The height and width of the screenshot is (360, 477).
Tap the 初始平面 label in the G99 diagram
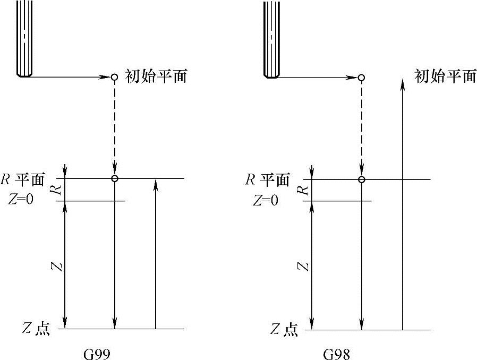156,76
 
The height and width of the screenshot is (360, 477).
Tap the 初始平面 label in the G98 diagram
445,76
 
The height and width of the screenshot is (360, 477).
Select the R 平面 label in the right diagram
267,179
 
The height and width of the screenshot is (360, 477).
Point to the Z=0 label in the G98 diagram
265,201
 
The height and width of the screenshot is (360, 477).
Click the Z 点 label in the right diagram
284,330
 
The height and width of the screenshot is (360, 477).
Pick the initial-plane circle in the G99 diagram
114,77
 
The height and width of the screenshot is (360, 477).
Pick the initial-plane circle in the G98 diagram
361,78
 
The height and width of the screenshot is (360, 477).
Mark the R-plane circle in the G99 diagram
114,178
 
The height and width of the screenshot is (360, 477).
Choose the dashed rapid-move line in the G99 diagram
114,127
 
